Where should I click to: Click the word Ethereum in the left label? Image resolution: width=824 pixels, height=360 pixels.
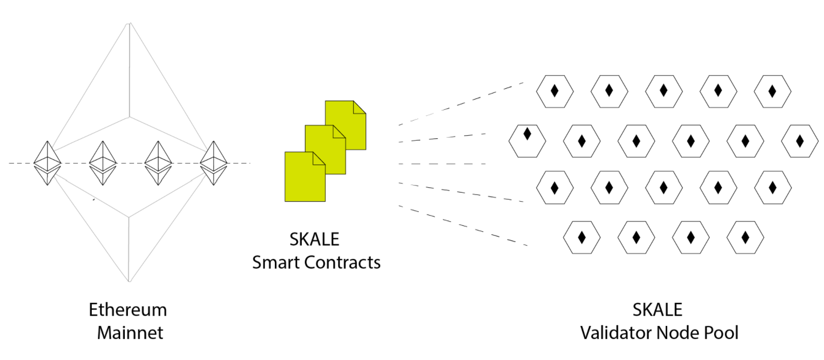pos(128,309)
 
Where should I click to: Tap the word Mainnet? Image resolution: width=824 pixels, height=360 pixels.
pos(130,333)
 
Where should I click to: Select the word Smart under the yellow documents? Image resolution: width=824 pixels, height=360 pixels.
pos(276,263)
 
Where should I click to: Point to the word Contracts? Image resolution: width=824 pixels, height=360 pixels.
pos(342,263)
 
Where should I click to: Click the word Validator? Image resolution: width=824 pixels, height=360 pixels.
pos(616,333)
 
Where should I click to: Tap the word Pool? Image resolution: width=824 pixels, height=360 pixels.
pos(721,333)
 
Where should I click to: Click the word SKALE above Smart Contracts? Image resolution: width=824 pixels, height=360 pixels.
pos(314,239)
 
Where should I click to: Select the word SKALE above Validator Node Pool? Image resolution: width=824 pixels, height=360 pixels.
pos(657,309)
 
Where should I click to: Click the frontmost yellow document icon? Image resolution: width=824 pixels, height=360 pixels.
pos(305,177)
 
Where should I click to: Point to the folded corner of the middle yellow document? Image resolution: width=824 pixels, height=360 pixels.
pos(339,132)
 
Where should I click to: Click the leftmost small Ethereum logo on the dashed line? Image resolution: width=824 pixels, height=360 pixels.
pos(47,163)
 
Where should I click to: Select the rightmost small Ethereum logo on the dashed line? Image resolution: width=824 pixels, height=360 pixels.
pos(213,163)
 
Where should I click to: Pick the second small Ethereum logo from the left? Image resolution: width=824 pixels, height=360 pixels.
pos(103,163)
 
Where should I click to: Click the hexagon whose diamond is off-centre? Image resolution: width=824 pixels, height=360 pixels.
pos(527,141)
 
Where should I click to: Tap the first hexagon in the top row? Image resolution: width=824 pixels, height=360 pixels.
pos(555,92)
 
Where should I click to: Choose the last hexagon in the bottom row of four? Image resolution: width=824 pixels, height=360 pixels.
pos(745,237)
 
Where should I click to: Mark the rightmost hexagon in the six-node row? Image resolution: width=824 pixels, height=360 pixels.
pos(800,141)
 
